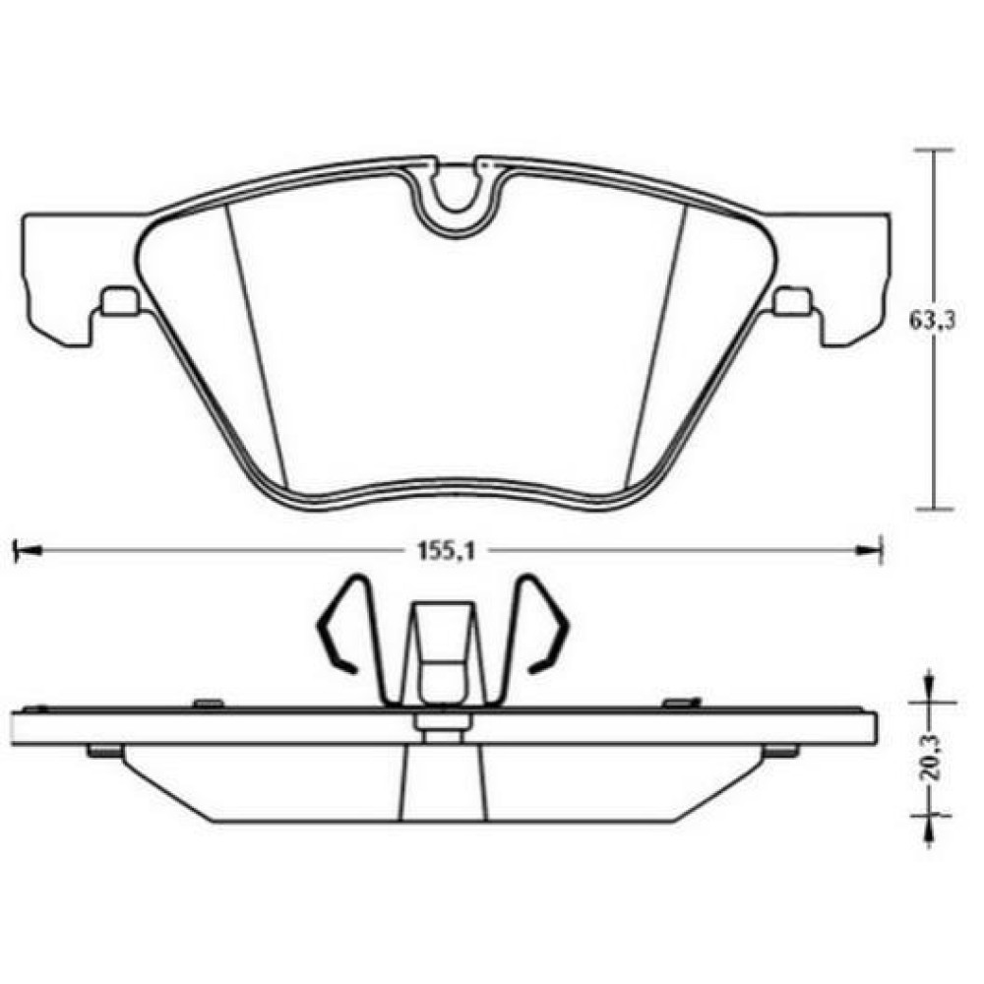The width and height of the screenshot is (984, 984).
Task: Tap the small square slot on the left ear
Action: point(119,300)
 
